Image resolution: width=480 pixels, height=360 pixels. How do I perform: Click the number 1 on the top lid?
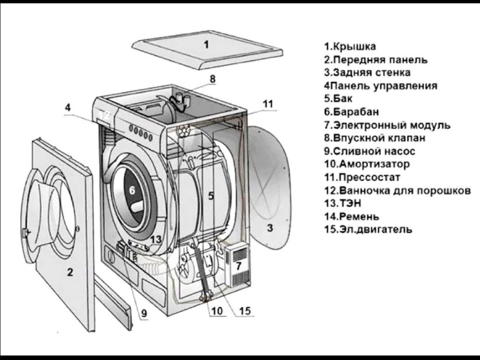pos(206,44)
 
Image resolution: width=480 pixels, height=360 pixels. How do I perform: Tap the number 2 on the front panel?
pos(69,273)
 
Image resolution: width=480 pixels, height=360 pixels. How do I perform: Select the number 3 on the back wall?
pos(270,228)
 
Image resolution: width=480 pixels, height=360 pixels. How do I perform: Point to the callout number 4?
pos(68,108)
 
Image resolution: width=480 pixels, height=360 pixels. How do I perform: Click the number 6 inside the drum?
pos(132,190)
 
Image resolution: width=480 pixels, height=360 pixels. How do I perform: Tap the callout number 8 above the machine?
pos(212,79)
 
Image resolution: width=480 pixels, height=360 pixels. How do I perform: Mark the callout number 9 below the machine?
pos(144,312)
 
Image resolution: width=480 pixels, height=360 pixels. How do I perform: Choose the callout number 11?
pos(268,103)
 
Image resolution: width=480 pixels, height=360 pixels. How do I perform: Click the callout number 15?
pos(244,310)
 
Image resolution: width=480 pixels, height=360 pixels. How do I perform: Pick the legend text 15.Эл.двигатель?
pos(368,229)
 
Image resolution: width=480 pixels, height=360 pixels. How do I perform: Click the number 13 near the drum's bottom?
pos(156,239)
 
